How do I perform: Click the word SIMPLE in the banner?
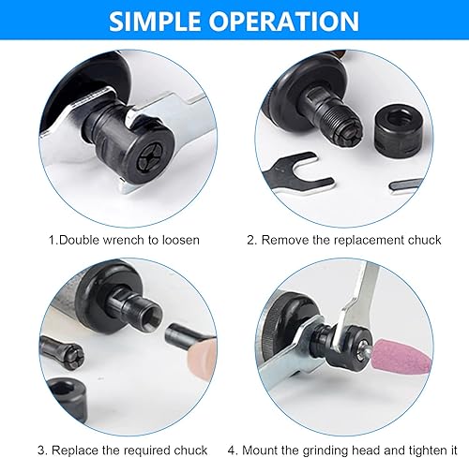[x=155, y=21]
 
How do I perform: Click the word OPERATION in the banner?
[x=284, y=21]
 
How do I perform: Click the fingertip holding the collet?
[x=202, y=355]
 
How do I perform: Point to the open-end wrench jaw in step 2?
[x=301, y=172]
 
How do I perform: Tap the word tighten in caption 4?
[x=424, y=451]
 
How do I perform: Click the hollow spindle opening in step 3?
[x=155, y=317]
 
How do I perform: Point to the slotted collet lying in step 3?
[x=63, y=353]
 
